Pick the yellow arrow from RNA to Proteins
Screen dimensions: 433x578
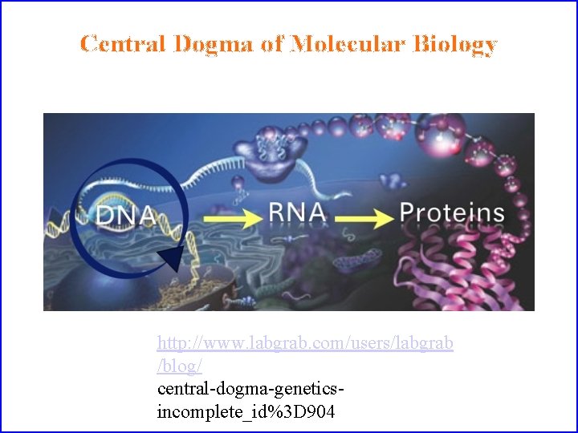coord(364,216)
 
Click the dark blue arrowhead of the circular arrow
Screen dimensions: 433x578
coord(170,259)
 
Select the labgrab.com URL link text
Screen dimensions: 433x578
coord(305,343)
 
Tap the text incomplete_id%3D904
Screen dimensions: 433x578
coord(246,412)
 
